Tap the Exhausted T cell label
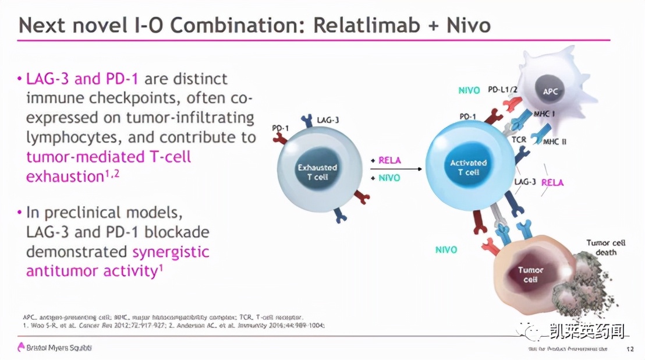317,172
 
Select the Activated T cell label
468,168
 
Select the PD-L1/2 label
502,90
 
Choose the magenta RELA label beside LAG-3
552,182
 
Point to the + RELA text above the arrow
386,160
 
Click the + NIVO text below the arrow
386,178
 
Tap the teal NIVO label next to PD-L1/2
469,90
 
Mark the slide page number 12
629,349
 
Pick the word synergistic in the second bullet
171,252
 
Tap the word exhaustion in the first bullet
63,176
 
